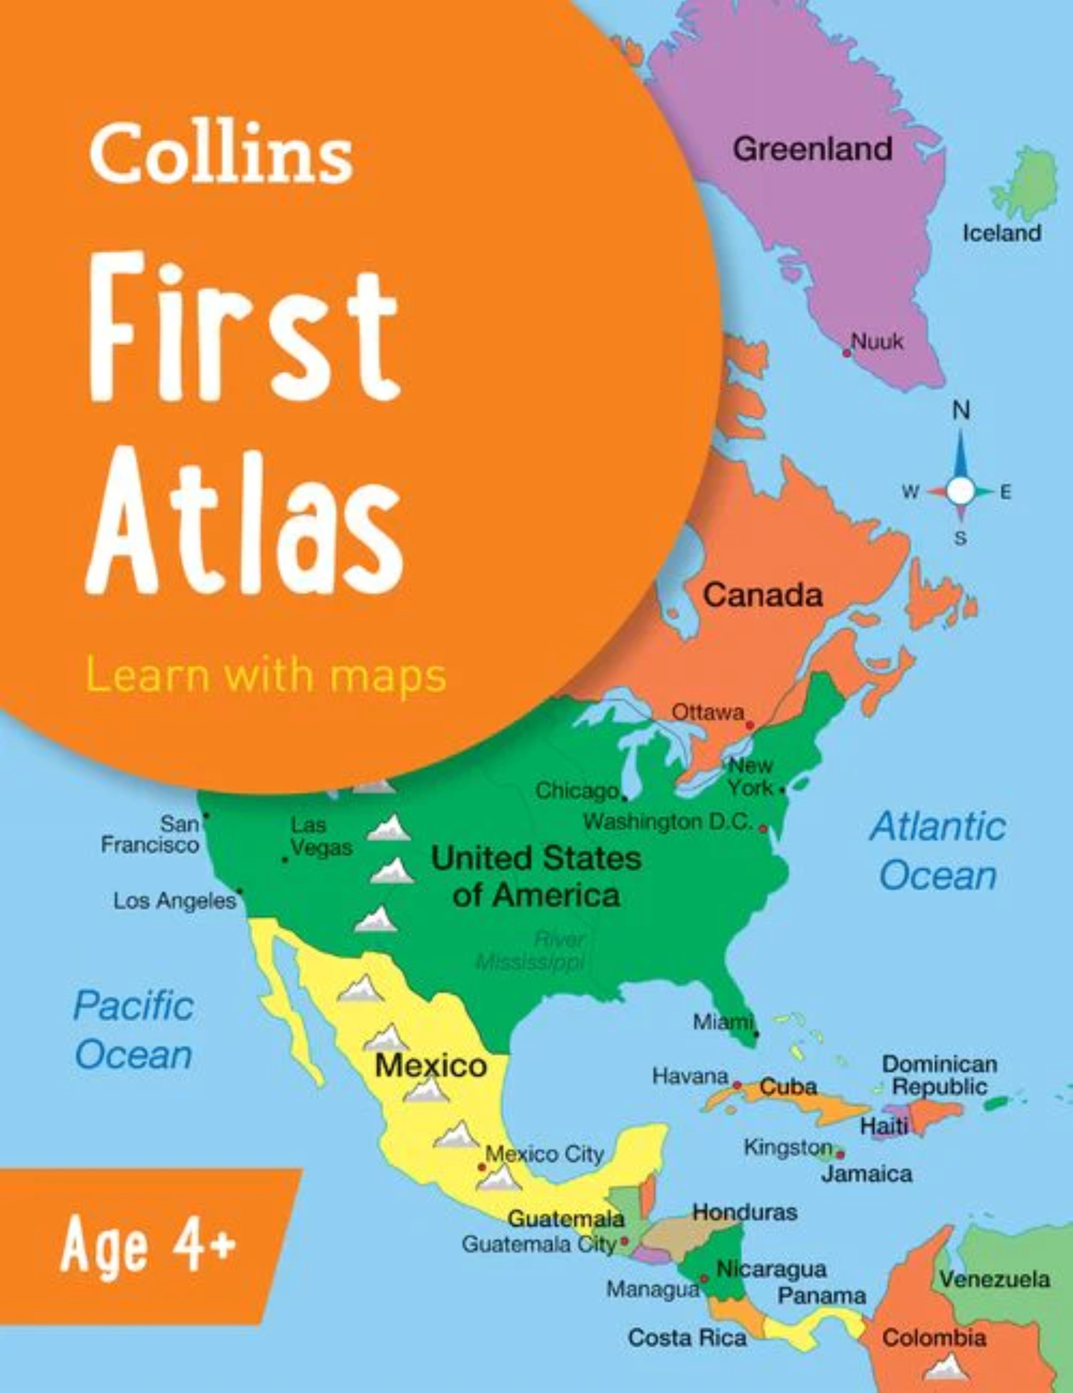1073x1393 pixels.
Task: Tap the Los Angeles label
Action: pyautogui.click(x=175, y=901)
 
